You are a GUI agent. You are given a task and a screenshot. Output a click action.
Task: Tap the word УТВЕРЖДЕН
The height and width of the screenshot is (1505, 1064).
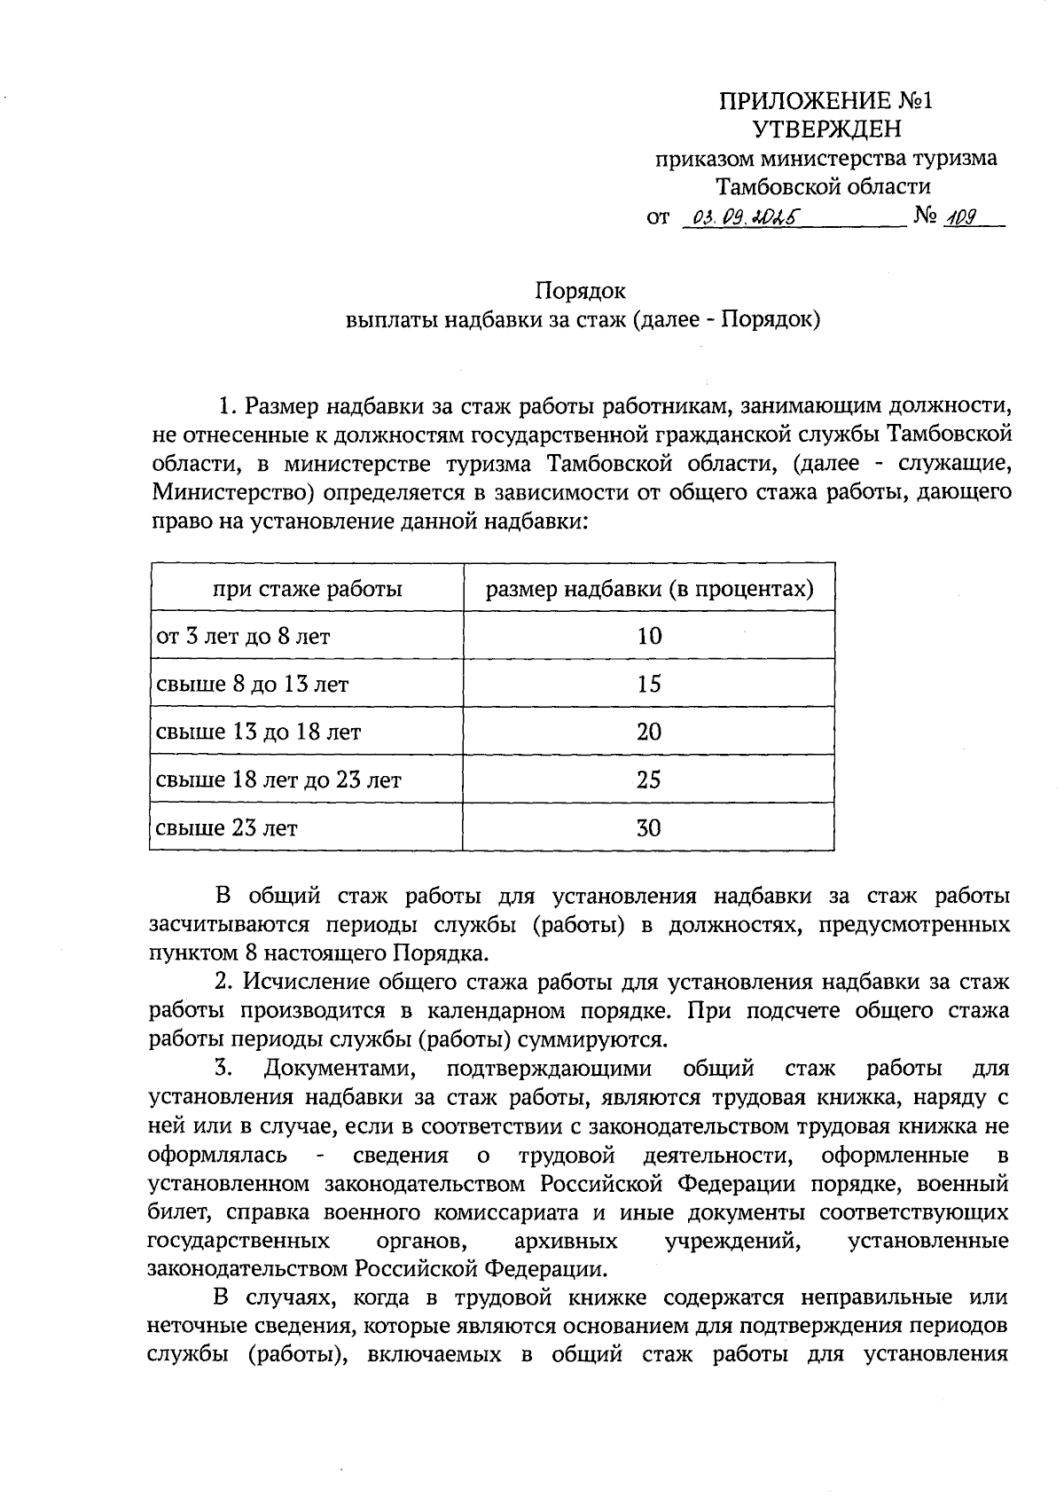pos(826,129)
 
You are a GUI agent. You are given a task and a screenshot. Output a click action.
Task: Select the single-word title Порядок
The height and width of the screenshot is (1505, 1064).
pos(581,291)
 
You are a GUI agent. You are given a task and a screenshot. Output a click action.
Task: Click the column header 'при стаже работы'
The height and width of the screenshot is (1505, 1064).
pos(307,589)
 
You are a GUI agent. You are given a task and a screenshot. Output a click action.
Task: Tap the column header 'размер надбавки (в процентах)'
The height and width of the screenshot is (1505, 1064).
pos(649,589)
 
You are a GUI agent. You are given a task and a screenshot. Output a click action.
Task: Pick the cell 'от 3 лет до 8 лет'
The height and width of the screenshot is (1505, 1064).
pos(243,637)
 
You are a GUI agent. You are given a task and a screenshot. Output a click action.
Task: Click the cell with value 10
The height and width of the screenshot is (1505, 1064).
pos(649,636)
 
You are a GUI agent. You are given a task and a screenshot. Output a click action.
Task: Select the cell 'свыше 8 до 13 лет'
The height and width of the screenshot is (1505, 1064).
pos(252,685)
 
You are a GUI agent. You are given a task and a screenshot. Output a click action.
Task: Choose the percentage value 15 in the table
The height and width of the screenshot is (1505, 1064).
pos(649,684)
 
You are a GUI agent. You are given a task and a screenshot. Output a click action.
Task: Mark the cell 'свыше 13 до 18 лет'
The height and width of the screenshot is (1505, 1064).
pos(258,733)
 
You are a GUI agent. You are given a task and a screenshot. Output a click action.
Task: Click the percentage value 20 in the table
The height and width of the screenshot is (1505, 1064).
pos(649,732)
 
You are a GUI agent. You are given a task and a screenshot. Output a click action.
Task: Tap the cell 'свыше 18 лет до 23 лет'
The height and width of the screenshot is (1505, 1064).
pos(278,780)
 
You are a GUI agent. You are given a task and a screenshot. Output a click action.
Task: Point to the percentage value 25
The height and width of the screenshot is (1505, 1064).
pos(649,780)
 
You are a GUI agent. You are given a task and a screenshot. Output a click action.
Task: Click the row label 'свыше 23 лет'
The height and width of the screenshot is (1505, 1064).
pos(227,828)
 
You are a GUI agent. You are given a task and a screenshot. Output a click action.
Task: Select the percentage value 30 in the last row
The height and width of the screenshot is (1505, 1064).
pos(649,827)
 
